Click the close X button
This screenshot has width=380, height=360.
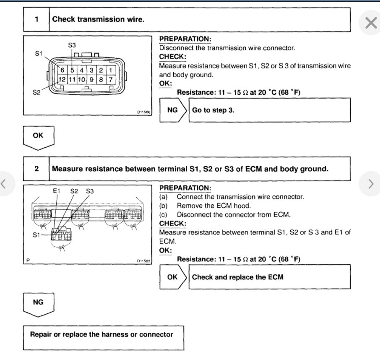tap(371, 23)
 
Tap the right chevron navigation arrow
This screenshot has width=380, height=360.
tap(370, 183)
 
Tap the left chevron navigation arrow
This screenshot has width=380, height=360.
tap(4, 183)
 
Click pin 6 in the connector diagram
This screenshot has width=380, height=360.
tap(61, 70)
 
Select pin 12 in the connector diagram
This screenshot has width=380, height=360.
tap(61, 79)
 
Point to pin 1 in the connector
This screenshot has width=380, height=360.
tap(110, 70)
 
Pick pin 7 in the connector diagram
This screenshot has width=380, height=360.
tap(110, 79)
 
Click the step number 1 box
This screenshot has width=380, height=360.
tap(36, 19)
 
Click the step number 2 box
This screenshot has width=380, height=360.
tap(36, 169)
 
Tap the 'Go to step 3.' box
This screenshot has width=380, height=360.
tap(269, 110)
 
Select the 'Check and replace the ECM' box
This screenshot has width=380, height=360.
tap(269, 277)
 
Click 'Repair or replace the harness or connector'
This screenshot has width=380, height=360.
tap(102, 335)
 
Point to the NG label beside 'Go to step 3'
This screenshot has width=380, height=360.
tap(172, 110)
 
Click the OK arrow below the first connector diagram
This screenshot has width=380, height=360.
tap(38, 136)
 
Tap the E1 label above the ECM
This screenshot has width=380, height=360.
tap(57, 191)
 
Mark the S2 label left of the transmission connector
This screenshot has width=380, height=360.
tap(37, 92)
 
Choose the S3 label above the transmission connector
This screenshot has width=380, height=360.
tap(72, 45)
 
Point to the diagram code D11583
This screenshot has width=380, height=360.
tap(143, 261)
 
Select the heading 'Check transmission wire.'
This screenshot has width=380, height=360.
tap(98, 19)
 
